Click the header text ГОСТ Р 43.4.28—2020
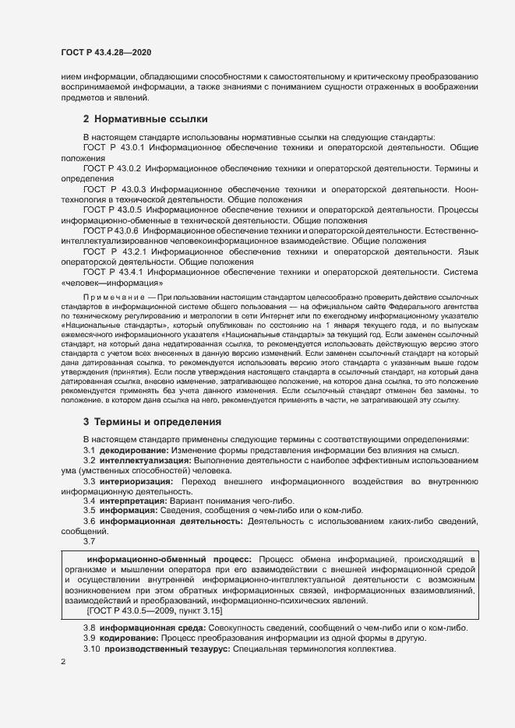pos(105,52)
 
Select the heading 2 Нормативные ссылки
pos(145,119)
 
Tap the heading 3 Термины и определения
pos(152,421)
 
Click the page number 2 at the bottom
pos(63,662)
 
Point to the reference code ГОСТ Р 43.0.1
pos(114,147)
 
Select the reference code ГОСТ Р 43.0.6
pos(111,231)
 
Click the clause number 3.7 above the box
pos(90,541)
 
